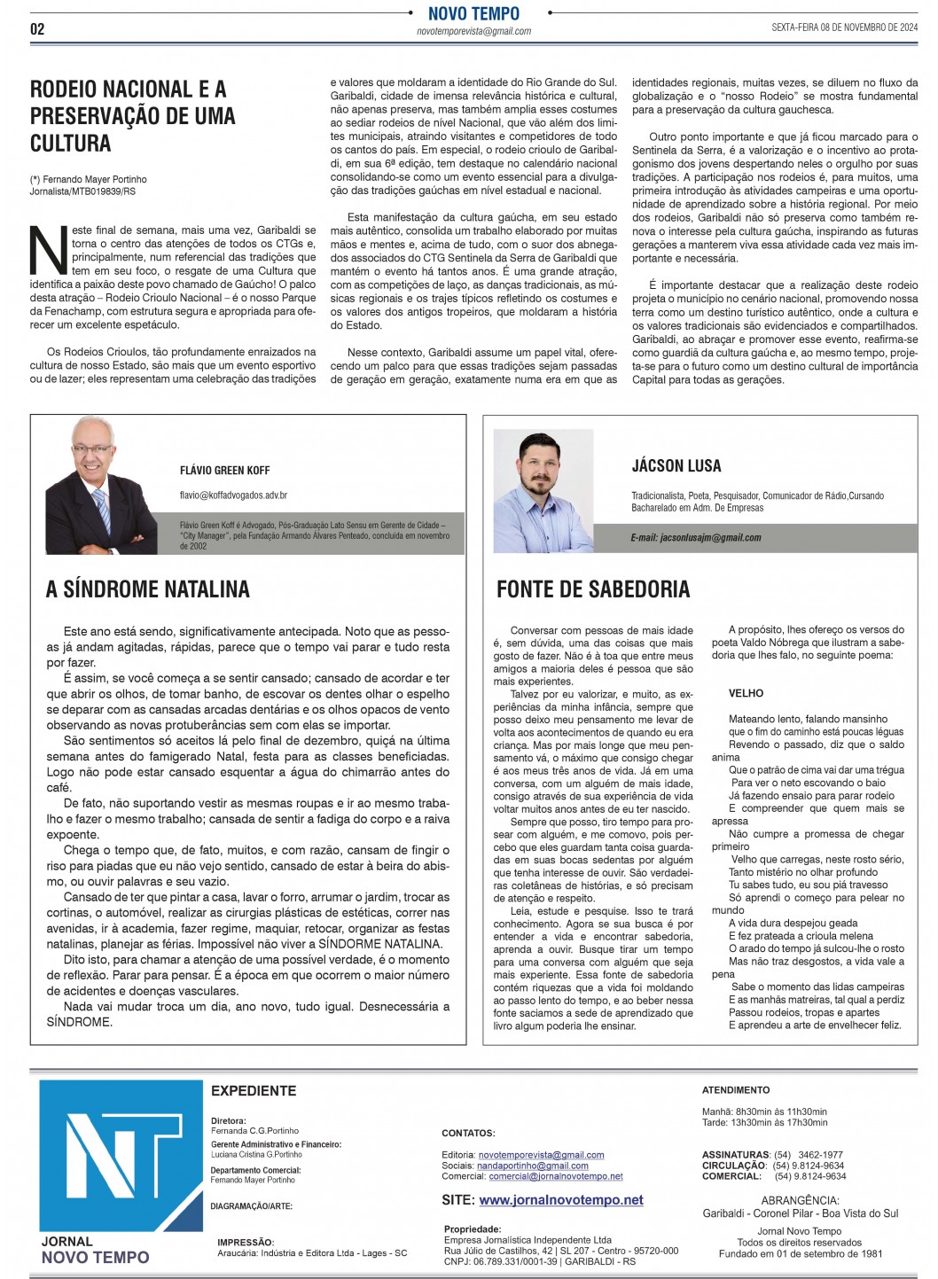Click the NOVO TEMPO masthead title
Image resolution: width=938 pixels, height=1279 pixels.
click(x=473, y=13)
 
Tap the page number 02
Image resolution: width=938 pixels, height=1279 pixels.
click(x=37, y=29)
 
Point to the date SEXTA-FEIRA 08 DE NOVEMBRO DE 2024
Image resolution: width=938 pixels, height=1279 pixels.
click(x=844, y=27)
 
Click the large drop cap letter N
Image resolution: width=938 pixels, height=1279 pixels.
click(x=49, y=251)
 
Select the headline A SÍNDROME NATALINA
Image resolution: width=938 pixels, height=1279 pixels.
click(x=147, y=589)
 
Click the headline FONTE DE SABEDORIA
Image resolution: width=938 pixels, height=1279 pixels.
click(x=592, y=589)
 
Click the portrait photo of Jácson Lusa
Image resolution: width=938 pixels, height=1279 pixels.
click(x=543, y=491)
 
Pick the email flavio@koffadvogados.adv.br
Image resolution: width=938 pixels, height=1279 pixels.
click(x=233, y=495)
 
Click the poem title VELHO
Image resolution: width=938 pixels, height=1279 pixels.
click(x=746, y=693)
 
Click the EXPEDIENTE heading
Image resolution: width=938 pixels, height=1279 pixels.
click(x=254, y=1091)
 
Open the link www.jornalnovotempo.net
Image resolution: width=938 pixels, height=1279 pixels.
click(x=561, y=1200)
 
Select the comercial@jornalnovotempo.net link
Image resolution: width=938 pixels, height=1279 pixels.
click(x=555, y=1176)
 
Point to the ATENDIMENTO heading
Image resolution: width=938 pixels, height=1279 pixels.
click(x=736, y=1089)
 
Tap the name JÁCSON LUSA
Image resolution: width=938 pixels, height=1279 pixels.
click(x=676, y=466)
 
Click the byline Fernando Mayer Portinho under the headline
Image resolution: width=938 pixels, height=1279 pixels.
click(x=95, y=180)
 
